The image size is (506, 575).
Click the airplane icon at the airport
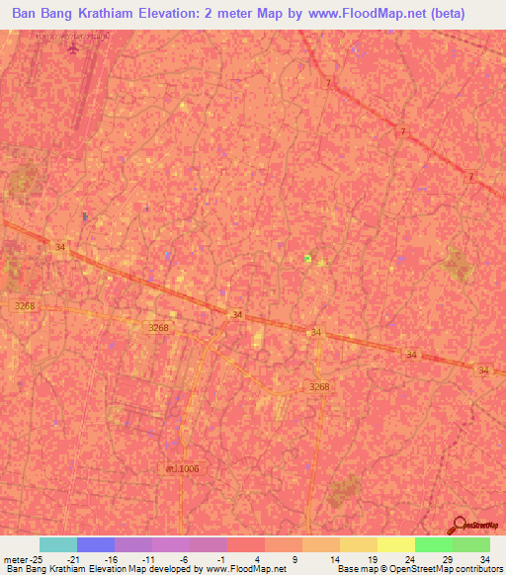click(70, 48)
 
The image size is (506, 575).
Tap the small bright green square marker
click(308, 258)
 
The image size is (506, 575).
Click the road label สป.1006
click(182, 467)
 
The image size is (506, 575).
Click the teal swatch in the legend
click(57, 544)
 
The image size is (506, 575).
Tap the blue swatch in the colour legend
click(96, 544)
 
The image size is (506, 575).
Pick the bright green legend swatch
click(434, 544)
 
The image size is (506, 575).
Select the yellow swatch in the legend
click(396, 544)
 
